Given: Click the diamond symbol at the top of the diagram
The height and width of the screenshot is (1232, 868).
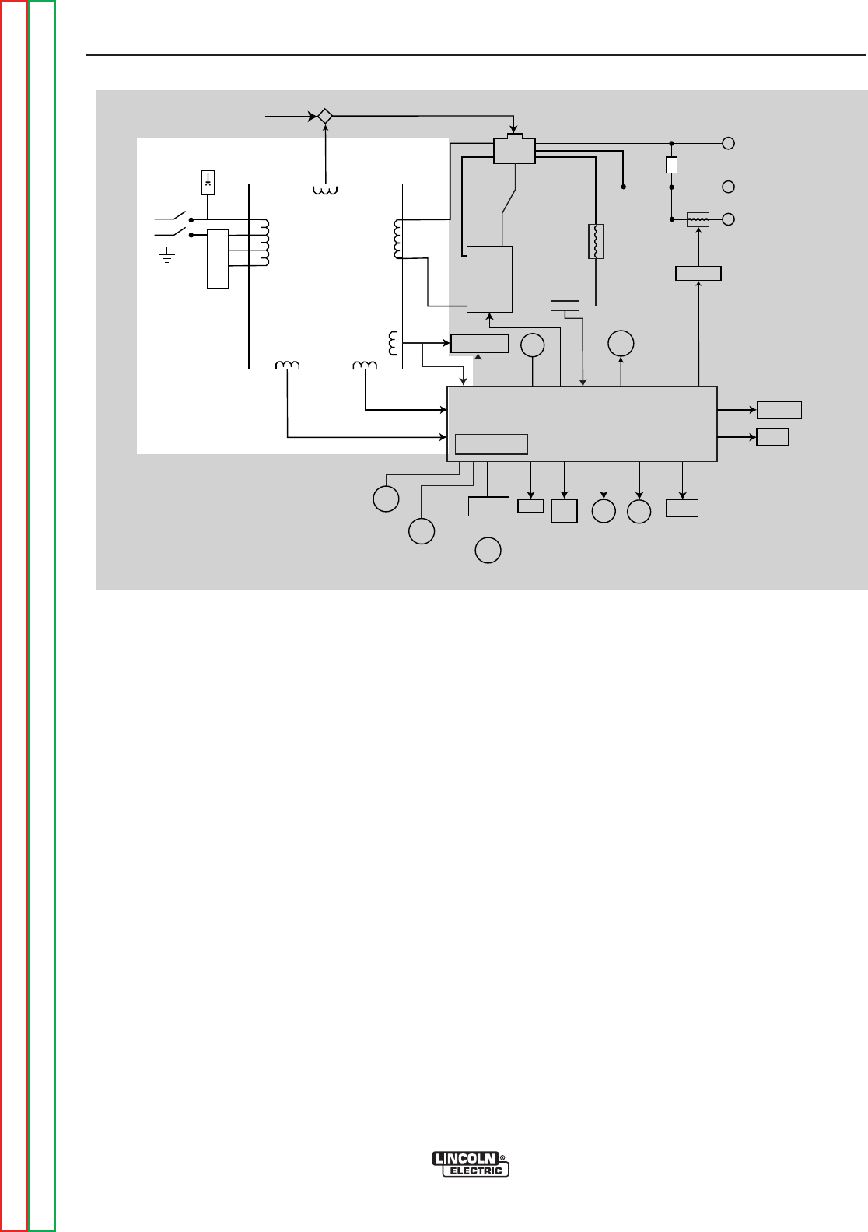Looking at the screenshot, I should [325, 116].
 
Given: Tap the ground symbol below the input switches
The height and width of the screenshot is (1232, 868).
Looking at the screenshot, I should [165, 254].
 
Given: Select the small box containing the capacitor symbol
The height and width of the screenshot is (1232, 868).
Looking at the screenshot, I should [207, 182].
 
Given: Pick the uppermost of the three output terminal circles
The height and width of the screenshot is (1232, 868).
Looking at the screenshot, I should [729, 143].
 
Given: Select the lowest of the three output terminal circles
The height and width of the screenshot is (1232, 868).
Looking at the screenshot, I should [729, 219].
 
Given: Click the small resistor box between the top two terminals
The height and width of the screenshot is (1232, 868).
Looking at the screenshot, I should [671, 165].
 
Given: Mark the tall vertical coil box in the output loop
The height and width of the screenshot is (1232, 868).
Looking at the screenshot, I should [595, 240].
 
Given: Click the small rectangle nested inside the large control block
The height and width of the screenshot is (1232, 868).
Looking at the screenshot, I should [491, 443].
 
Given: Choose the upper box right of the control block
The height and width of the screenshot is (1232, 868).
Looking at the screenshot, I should [779, 409].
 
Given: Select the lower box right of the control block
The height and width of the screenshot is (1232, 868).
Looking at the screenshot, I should [772, 436].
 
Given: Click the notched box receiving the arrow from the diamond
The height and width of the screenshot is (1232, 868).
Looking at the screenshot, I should [514, 150].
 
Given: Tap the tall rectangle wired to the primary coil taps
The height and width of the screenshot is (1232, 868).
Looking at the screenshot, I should [218, 259].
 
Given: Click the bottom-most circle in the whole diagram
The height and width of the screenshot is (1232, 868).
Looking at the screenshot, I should [488, 549].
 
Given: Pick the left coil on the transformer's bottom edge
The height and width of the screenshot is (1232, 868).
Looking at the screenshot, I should [288, 366].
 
